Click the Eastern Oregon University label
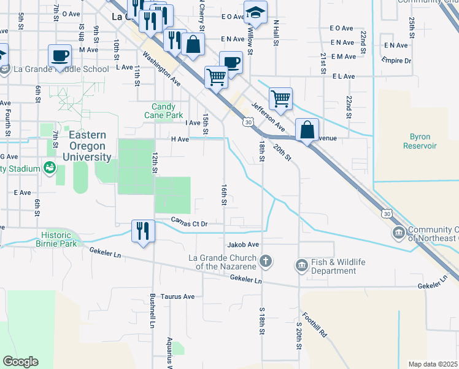(87, 146)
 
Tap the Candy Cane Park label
(163, 111)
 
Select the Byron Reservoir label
(420, 141)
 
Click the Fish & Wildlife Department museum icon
(301, 265)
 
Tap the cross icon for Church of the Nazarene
(266, 263)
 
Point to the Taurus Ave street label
(177, 296)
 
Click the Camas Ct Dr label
(191, 223)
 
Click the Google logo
(20, 362)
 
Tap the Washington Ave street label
(162, 69)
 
